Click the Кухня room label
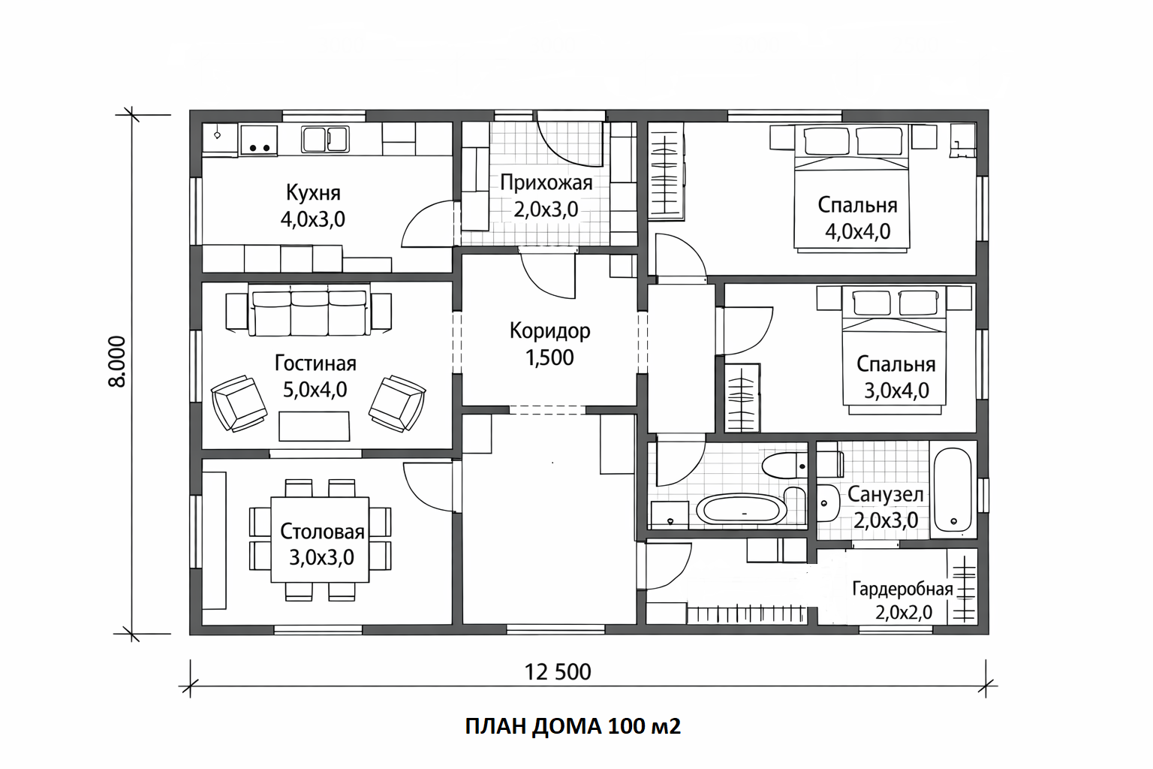point(313,193)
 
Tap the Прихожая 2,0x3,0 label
point(546,196)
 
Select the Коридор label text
point(549,330)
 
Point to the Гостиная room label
point(315,363)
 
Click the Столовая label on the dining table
point(322,531)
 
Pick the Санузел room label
point(885,494)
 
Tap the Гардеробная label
point(903,589)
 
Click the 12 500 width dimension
point(558,672)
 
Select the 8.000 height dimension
point(117,361)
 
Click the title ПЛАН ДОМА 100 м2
point(573,726)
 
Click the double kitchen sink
point(325,139)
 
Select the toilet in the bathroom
point(784,465)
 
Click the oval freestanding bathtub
point(741,509)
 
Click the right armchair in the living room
point(397,403)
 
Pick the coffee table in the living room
point(314,426)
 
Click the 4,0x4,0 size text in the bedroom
point(857,232)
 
